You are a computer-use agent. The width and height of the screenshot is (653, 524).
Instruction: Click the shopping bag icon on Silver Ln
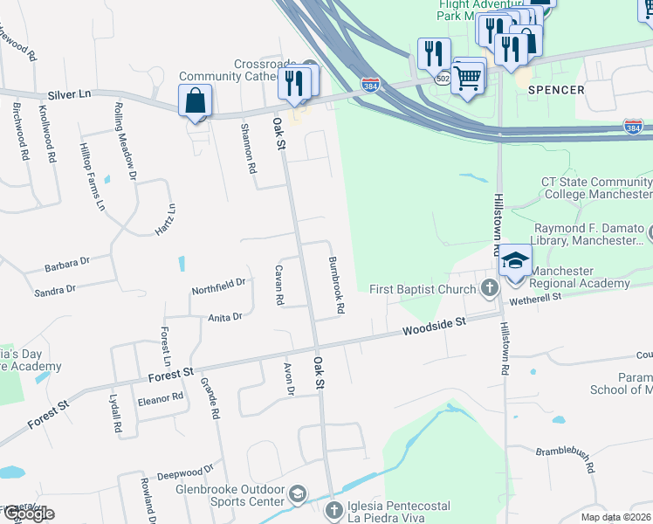[x=195, y=100]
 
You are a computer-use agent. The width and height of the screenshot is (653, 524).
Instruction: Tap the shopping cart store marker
[x=469, y=78]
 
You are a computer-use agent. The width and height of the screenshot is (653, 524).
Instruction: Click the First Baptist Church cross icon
[x=490, y=288]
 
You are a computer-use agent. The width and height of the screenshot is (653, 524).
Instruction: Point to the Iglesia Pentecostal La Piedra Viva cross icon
[x=333, y=510]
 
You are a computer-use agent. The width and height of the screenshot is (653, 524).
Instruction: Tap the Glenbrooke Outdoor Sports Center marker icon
[x=298, y=495]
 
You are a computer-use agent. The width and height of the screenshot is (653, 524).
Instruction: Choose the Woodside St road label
[x=435, y=327]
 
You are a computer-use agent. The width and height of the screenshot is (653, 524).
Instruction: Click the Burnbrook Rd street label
[x=336, y=285]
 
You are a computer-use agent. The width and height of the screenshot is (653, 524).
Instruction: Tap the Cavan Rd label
[x=279, y=285]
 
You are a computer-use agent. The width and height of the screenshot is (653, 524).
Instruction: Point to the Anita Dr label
[x=224, y=317]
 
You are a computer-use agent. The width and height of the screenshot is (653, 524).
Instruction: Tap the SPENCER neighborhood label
[x=556, y=90]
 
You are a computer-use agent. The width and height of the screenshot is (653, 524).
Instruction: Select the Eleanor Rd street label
[x=161, y=396]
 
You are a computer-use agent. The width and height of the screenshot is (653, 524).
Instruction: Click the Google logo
[x=28, y=514]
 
